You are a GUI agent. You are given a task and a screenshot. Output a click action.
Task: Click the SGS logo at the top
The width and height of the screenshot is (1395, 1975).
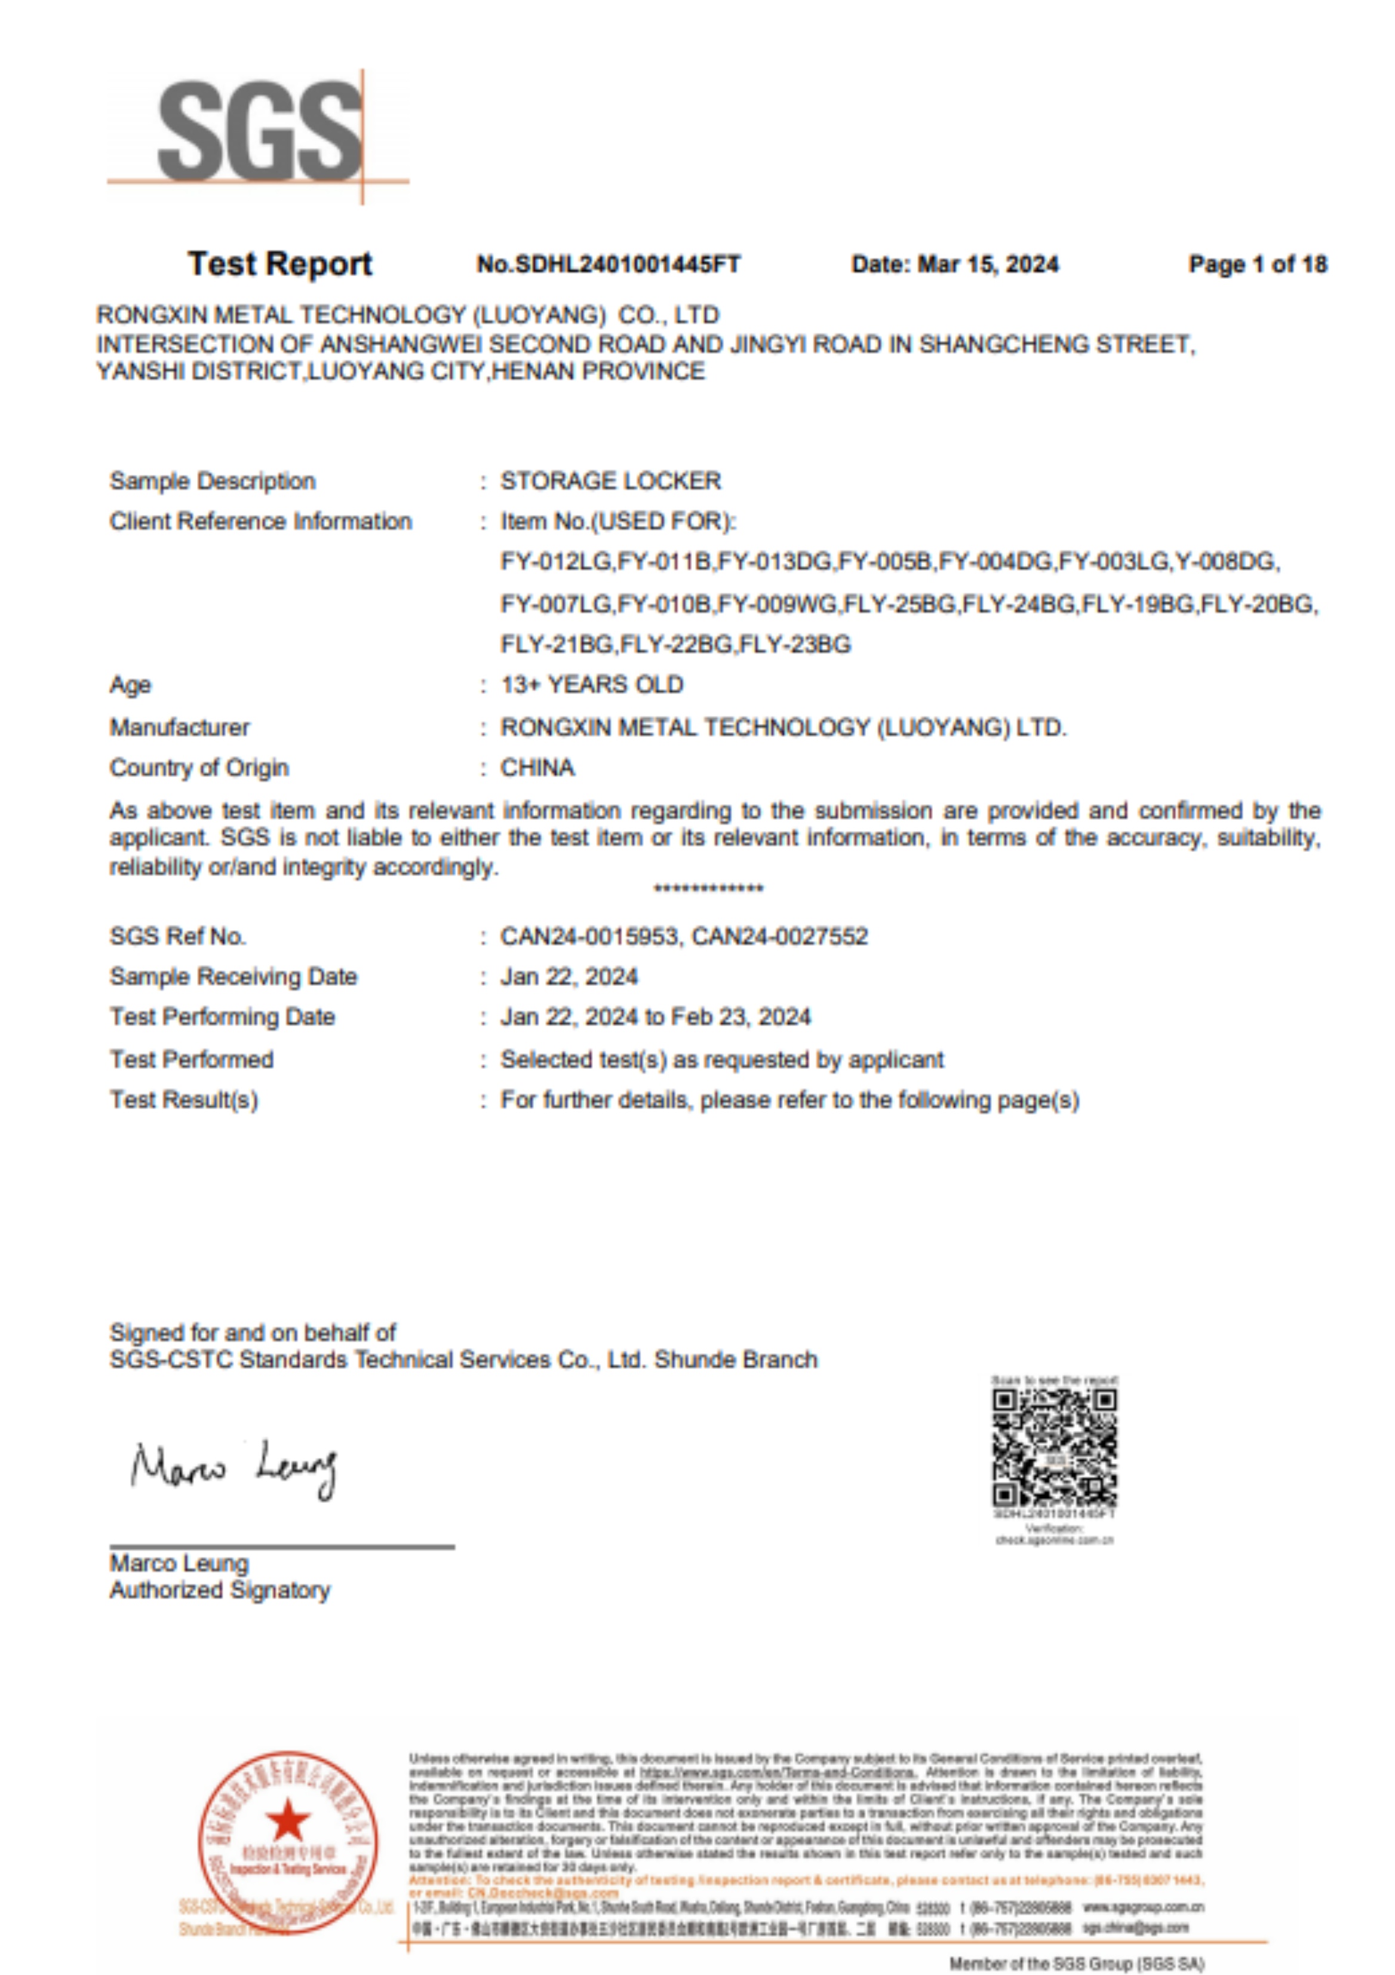coord(258,133)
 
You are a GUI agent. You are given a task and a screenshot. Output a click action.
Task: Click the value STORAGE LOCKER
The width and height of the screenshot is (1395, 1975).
coord(611,481)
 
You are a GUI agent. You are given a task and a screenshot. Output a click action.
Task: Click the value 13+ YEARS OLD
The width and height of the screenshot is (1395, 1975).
coord(592,686)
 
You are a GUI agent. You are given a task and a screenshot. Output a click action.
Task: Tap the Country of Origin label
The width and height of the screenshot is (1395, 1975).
coord(199,768)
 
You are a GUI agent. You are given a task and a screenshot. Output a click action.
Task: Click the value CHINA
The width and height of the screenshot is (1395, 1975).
coord(537,768)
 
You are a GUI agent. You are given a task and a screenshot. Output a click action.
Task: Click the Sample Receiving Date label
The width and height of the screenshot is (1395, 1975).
coord(233,977)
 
